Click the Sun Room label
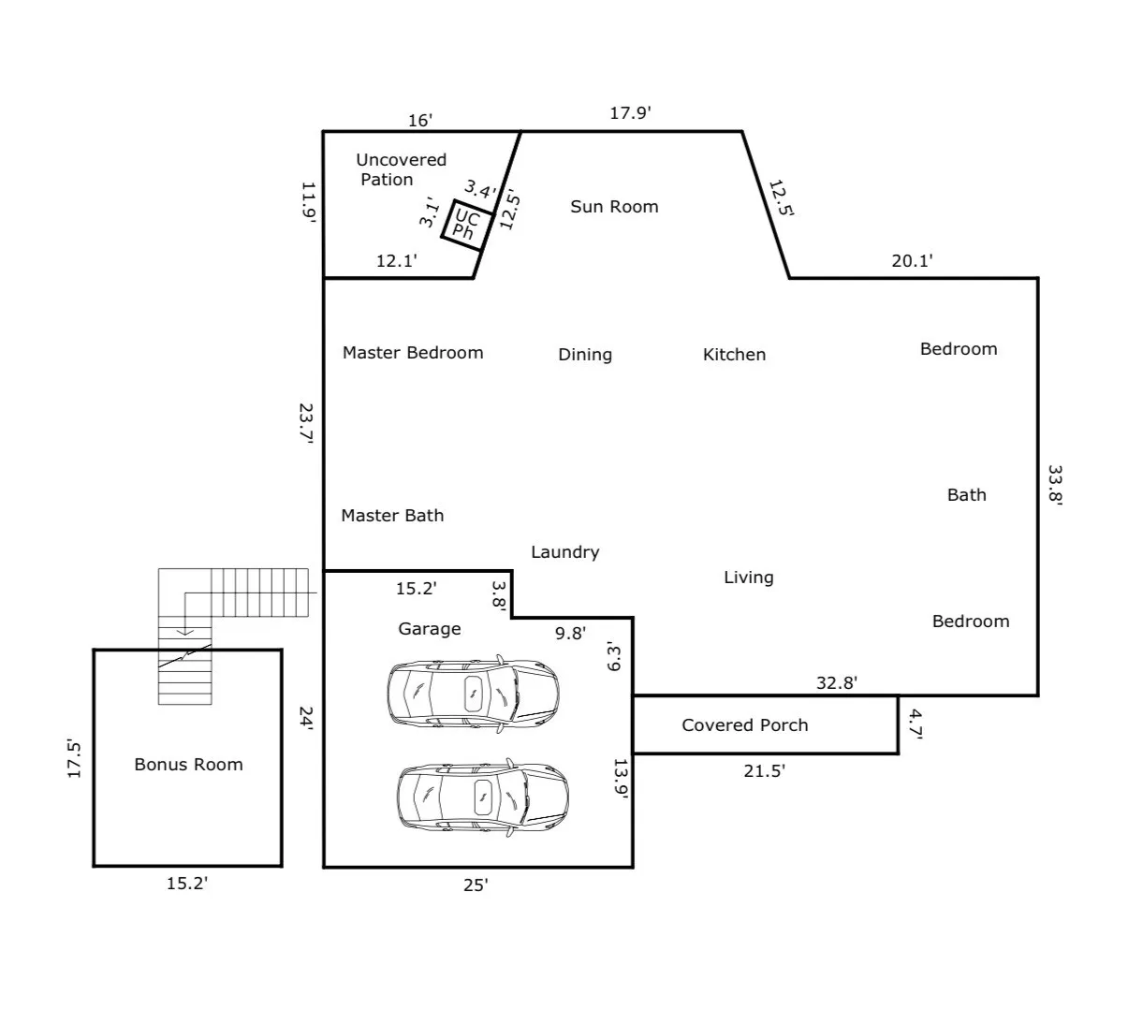point(614,206)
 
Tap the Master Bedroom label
point(413,353)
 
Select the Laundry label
point(565,552)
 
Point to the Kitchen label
point(734,354)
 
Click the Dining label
point(585,355)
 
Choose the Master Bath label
point(392,515)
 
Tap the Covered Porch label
point(745,724)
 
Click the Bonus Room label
point(188,764)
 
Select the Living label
point(749,578)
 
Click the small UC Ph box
point(455,202)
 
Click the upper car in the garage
point(473,694)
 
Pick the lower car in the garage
point(482,797)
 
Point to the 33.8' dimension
point(1055,485)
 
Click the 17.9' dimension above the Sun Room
point(630,113)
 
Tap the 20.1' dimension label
point(912,261)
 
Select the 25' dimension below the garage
point(476,885)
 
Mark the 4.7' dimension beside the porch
point(916,724)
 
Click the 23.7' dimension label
point(306,423)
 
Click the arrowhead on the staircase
point(185,633)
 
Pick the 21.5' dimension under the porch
point(764,771)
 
